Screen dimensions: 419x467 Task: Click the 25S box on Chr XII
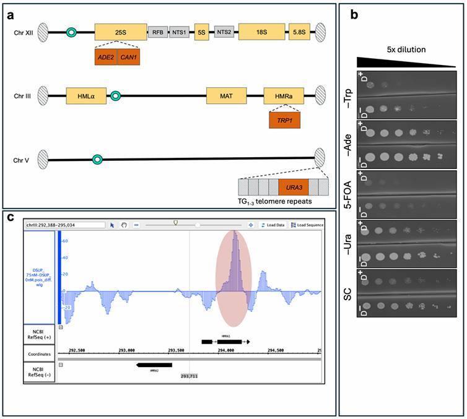tap(121, 31)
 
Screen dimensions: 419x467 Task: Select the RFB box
tap(157, 32)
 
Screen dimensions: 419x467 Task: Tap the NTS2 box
tap(224, 32)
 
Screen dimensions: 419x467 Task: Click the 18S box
tap(262, 32)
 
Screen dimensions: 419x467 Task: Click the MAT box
tap(226, 96)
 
